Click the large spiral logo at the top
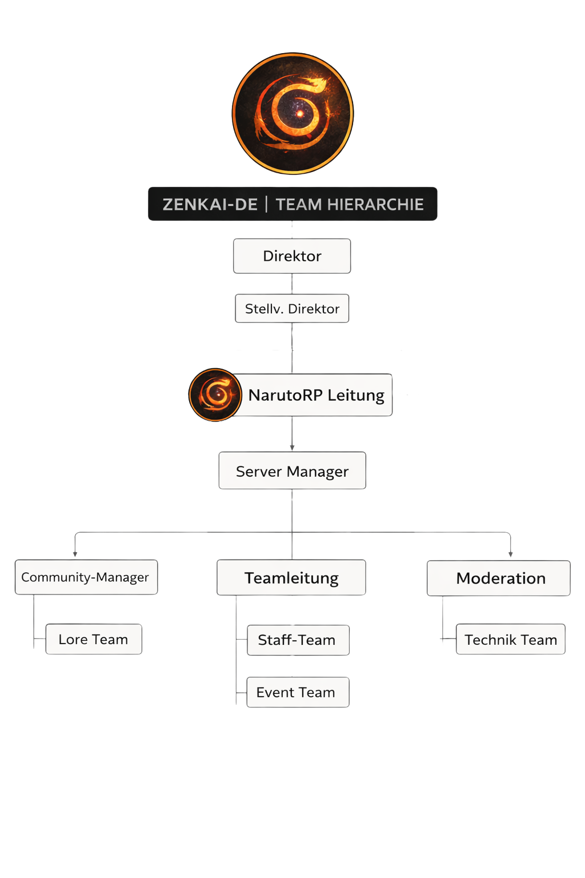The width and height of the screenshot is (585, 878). click(292, 114)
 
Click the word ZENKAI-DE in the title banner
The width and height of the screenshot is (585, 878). click(210, 205)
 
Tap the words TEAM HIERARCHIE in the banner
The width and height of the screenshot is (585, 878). click(350, 205)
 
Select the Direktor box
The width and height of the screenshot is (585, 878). click(292, 256)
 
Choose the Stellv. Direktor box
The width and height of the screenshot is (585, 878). click(292, 309)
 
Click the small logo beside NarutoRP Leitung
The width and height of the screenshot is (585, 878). click(215, 394)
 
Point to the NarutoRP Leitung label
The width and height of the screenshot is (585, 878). click(316, 395)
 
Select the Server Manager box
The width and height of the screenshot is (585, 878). click(292, 471)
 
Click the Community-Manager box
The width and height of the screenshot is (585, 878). click(86, 577)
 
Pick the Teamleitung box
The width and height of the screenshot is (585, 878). click(291, 578)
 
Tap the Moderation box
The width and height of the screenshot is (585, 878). click(499, 578)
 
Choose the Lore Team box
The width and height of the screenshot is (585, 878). click(93, 639)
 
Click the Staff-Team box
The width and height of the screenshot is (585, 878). click(297, 640)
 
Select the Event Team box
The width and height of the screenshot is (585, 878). click(297, 692)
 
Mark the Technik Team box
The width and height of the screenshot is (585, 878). click(510, 639)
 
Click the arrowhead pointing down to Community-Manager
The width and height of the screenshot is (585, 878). click(75, 554)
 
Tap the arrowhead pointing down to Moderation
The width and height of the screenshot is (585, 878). click(510, 554)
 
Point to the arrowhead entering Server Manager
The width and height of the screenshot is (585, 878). click(292, 448)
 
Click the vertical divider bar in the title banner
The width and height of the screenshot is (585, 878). click(267, 204)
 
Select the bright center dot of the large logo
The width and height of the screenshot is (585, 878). click(299, 114)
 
